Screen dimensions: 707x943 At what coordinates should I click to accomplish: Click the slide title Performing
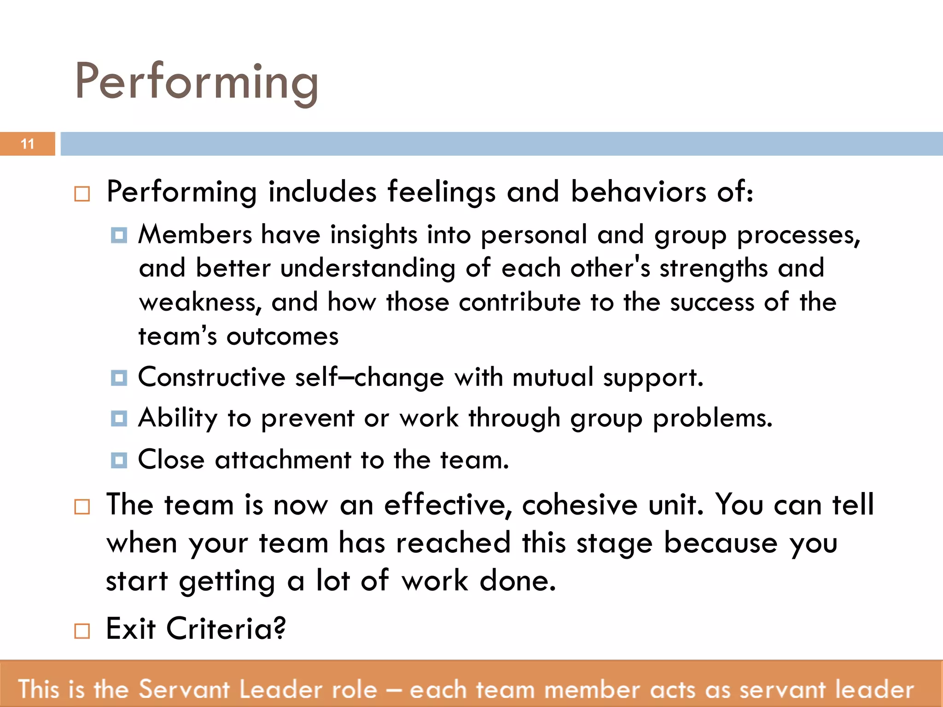pyautogui.click(x=197, y=82)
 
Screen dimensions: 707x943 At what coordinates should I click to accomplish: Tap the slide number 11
pyautogui.click(x=28, y=144)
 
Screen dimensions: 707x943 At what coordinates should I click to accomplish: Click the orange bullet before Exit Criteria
pyautogui.click(x=82, y=631)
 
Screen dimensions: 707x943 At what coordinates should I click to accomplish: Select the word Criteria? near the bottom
pyautogui.click(x=226, y=629)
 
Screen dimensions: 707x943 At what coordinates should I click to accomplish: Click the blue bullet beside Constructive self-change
pyautogui.click(x=119, y=378)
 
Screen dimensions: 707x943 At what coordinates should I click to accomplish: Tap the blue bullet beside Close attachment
pyautogui.click(x=119, y=460)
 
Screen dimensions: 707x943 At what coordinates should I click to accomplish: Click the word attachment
pyautogui.click(x=283, y=460)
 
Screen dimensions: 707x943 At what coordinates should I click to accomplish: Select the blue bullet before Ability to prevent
pyautogui.click(x=119, y=419)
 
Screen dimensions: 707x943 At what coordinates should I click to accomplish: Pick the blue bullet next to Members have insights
pyautogui.click(x=119, y=235)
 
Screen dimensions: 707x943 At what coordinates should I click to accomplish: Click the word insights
pyautogui.click(x=373, y=235)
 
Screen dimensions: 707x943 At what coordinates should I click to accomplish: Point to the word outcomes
pyautogui.click(x=282, y=336)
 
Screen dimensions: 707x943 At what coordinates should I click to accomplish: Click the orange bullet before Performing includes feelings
pyautogui.click(x=82, y=194)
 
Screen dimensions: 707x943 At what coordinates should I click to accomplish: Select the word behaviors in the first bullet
pyautogui.click(x=638, y=191)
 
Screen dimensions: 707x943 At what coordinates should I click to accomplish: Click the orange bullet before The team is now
pyautogui.click(x=82, y=507)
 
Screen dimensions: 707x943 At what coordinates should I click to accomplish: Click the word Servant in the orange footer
pyautogui.click(x=184, y=690)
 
